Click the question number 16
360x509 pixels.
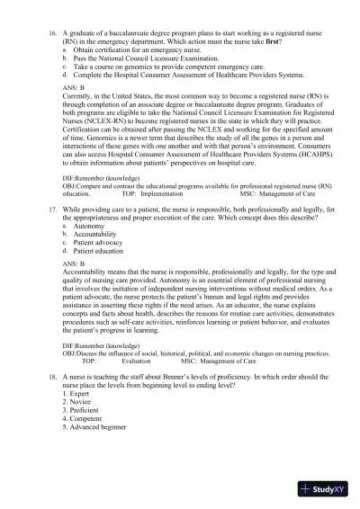[x=52, y=31]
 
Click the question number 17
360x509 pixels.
[x=52, y=208]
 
